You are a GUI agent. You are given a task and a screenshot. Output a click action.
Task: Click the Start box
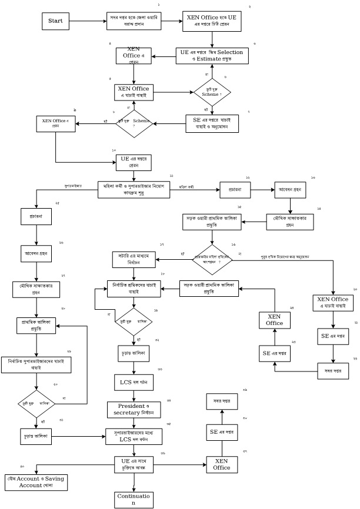tap(55, 21)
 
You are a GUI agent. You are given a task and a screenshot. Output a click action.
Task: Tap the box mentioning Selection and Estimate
tap(212, 56)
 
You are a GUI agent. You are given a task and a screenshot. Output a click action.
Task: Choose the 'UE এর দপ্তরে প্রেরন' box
tap(134, 162)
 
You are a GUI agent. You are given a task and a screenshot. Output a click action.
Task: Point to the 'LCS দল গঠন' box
tap(134, 382)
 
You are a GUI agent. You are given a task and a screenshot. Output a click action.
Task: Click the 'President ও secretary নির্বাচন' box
tap(134, 410)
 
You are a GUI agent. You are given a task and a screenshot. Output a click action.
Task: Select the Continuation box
tap(134, 500)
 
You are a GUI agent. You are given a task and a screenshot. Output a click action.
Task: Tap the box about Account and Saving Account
tap(36, 481)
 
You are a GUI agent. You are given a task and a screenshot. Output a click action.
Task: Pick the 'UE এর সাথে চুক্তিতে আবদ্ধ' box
tap(134, 464)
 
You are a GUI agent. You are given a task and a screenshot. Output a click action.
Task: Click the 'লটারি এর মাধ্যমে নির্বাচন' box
tap(134, 259)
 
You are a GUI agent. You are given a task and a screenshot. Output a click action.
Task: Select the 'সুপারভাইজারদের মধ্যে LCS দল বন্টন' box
tap(134, 436)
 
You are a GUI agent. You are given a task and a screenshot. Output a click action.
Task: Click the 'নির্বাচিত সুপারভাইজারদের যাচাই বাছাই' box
tap(36, 364)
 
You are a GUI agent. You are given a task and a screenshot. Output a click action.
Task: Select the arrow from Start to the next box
tap(88, 21)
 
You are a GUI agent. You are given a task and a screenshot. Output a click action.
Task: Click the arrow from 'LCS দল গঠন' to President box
tap(134, 396)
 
